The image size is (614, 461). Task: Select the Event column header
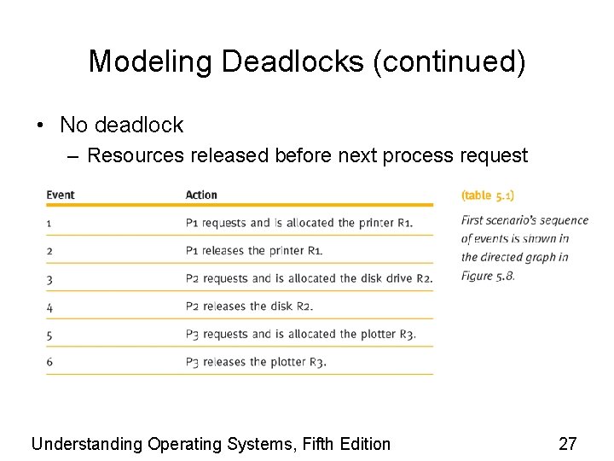(x=61, y=195)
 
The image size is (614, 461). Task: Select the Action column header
(x=201, y=195)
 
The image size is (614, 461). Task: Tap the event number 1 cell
(x=49, y=223)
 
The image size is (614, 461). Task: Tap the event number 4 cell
(x=49, y=306)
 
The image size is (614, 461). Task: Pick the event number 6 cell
(x=49, y=362)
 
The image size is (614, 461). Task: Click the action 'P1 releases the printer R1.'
(x=254, y=251)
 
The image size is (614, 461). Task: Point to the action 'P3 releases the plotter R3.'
(x=256, y=362)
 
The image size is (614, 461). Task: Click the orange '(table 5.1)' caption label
(x=488, y=195)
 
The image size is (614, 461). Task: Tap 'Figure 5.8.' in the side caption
(x=488, y=276)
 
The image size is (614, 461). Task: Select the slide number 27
(x=568, y=443)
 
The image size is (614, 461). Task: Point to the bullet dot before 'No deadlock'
(x=40, y=125)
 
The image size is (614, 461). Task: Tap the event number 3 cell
(x=49, y=278)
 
